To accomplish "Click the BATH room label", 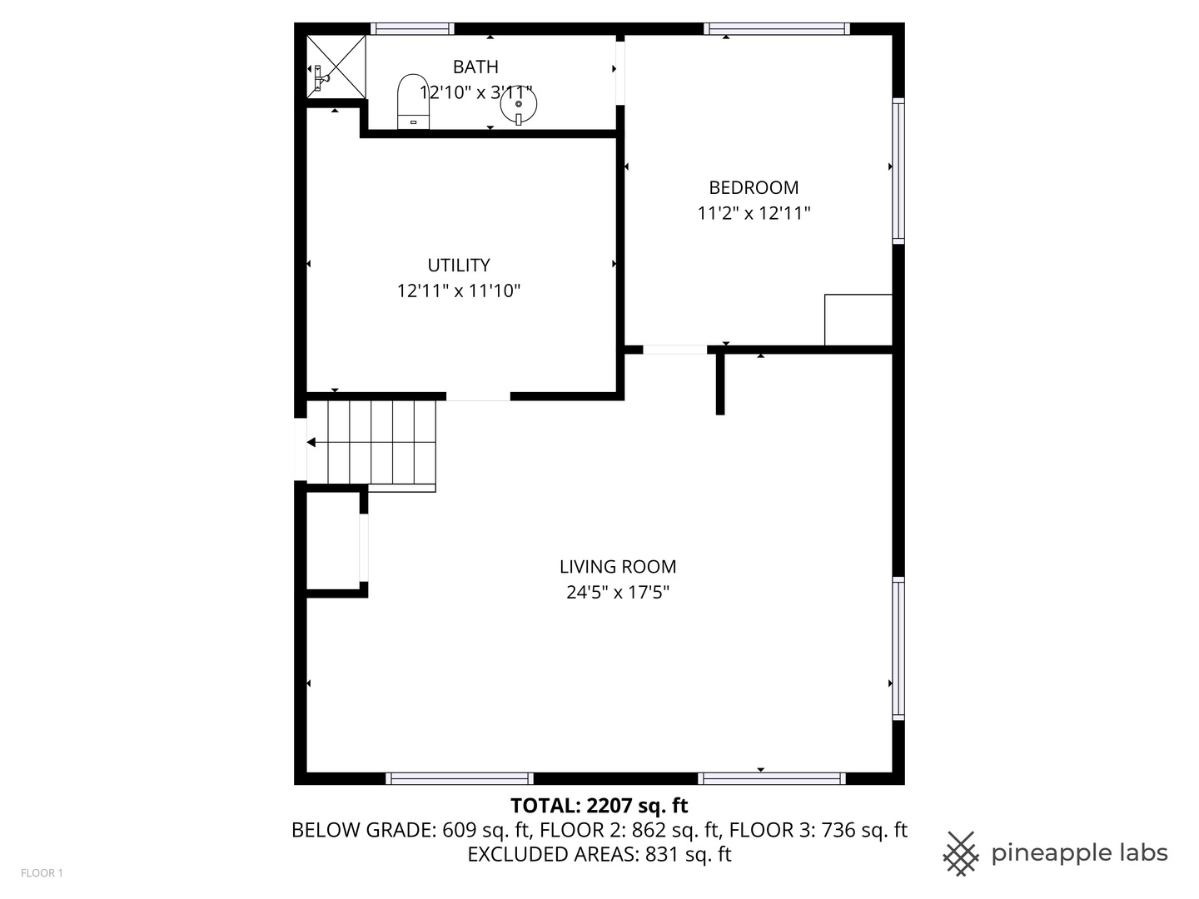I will tap(475, 67).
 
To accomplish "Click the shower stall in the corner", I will tap(336, 66).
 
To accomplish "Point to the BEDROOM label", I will tap(754, 188).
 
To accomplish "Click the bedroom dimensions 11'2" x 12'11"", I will tap(754, 214).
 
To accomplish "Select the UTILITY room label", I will tap(458, 266).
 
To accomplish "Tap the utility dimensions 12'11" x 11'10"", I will tap(458, 291).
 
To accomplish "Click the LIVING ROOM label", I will tap(617, 567).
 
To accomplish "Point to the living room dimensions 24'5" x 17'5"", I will tap(617, 593).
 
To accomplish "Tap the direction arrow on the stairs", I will tap(312, 443).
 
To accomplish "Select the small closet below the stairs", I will tap(333, 541).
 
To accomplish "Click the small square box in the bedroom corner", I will tap(858, 320).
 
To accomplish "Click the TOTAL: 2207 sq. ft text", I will tap(599, 806).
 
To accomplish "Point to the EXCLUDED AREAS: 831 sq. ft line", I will tap(599, 855).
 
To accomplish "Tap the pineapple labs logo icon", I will tap(960, 853).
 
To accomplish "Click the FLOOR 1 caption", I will tap(42, 873).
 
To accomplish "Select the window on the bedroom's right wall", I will tap(898, 171).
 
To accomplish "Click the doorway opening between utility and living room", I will tap(478, 396).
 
